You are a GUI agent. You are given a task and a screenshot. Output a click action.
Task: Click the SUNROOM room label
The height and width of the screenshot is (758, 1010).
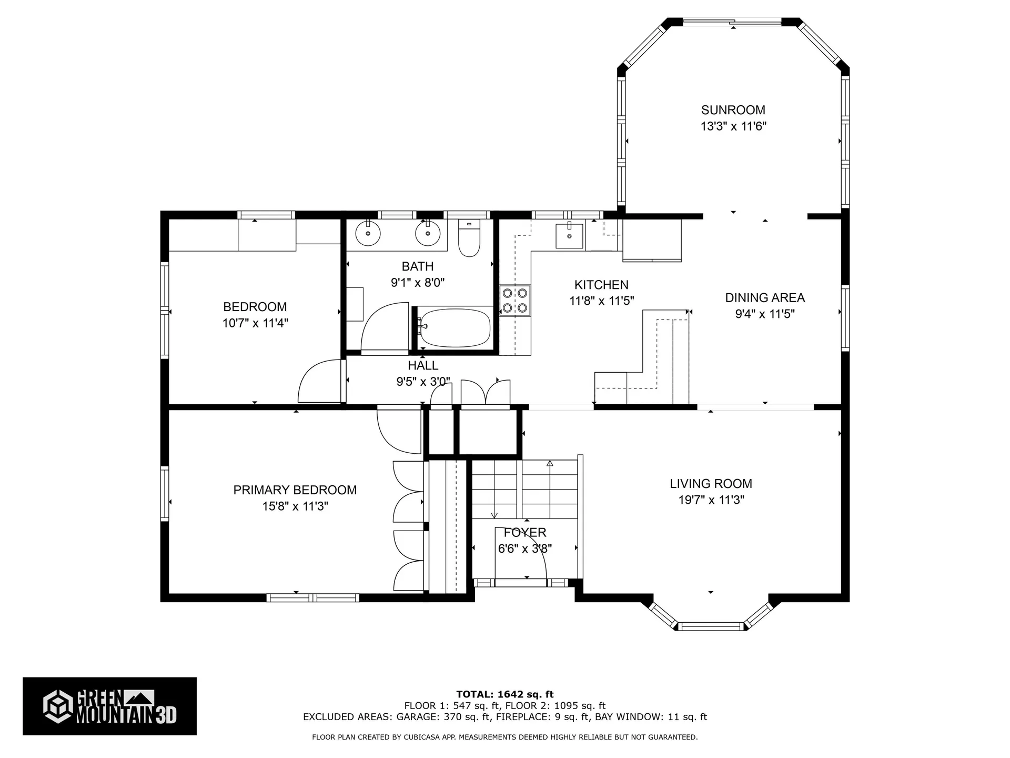(733, 110)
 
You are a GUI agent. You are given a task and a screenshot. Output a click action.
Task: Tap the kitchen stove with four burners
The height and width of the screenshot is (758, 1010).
(515, 300)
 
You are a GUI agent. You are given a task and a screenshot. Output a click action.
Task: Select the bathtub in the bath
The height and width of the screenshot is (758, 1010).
(454, 327)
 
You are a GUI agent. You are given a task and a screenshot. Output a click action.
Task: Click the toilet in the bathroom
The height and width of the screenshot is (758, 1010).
(469, 240)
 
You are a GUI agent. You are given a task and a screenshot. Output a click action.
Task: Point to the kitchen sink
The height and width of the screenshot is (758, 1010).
(569, 236)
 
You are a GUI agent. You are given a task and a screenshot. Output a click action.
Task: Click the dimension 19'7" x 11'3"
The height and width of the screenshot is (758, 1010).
(711, 500)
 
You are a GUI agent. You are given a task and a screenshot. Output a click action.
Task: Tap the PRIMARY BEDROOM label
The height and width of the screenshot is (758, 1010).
(295, 490)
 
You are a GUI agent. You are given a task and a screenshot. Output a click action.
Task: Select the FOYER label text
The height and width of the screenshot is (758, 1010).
(524, 533)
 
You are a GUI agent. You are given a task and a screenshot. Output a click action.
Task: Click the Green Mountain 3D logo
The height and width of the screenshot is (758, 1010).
(109, 706)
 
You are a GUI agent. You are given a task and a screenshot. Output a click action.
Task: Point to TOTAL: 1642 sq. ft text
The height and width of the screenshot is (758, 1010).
(504, 694)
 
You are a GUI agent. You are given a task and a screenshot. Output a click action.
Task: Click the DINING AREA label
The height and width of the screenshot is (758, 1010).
(765, 298)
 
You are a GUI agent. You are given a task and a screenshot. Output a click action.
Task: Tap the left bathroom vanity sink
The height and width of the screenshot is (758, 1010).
(368, 233)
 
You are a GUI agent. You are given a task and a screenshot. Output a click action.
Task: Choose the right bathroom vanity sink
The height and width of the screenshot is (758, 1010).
(428, 233)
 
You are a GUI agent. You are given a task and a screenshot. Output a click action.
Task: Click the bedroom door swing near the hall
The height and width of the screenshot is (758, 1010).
(319, 382)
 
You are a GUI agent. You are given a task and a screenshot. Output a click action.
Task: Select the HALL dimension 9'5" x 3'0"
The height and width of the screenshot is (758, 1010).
(423, 381)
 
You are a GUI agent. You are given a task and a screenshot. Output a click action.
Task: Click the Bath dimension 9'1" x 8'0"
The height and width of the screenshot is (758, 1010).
(417, 283)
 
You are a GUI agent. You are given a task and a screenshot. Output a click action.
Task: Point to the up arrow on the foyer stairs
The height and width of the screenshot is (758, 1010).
(550, 464)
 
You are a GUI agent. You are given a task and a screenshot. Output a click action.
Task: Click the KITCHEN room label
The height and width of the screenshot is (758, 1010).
(601, 285)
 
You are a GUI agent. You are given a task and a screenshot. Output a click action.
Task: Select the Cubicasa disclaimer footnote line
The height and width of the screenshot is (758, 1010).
(504, 737)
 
